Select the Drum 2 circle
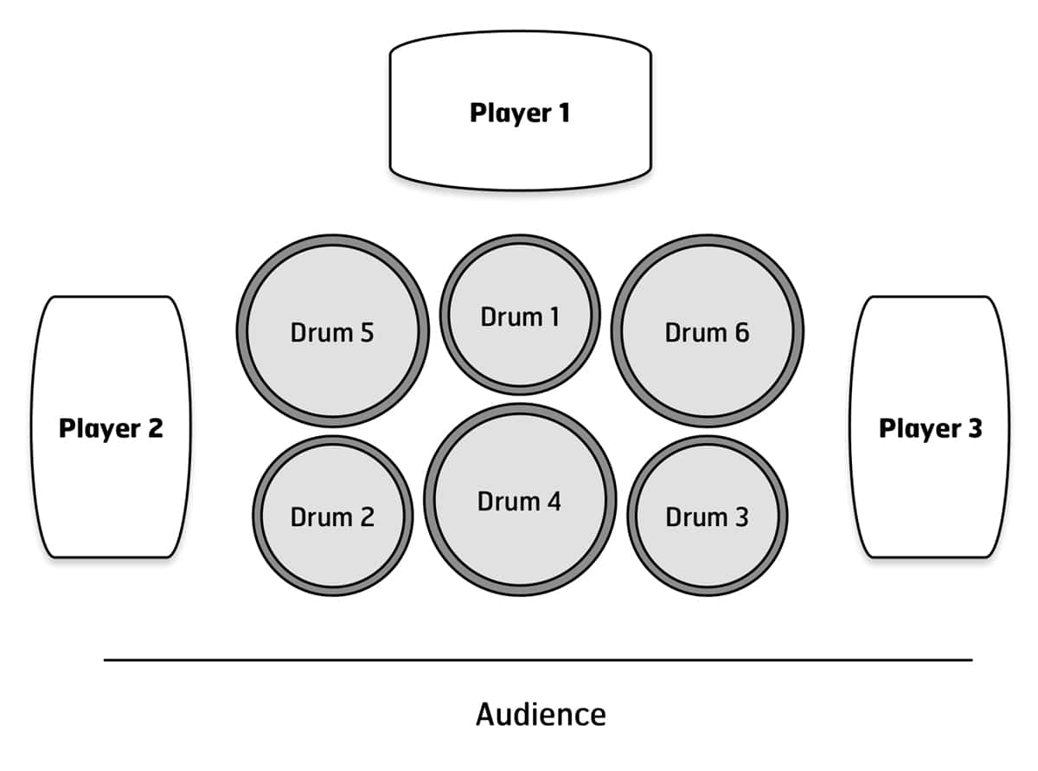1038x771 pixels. tap(333, 516)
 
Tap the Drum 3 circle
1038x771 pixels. tap(708, 516)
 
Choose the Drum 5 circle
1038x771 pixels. tap(333, 331)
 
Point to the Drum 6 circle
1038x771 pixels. tap(708, 331)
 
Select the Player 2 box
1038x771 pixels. tap(111, 427)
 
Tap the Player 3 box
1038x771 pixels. tap(930, 427)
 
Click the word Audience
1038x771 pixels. tap(541, 715)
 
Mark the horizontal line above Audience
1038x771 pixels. tap(538, 659)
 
